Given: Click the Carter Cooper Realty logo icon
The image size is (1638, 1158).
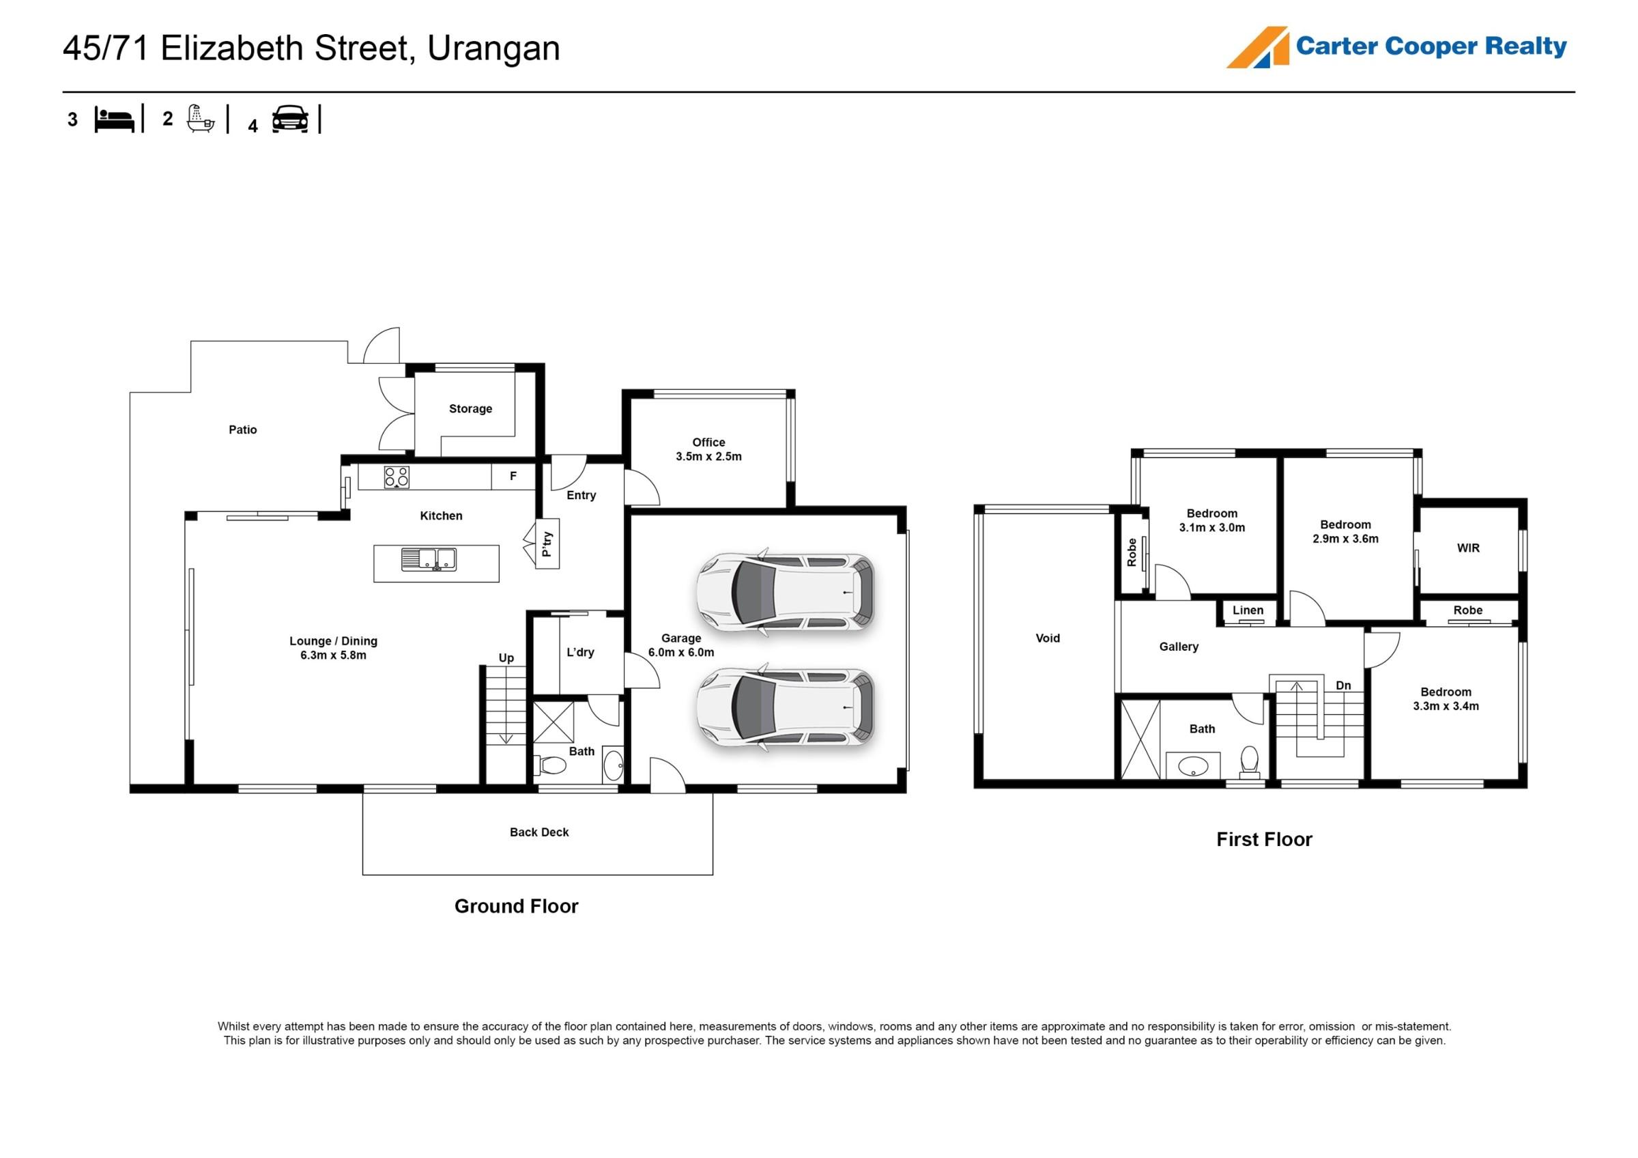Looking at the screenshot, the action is click(x=1258, y=47).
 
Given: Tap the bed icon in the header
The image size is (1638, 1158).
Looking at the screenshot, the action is click(x=114, y=120).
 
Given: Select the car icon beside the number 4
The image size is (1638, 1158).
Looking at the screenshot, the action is click(x=290, y=119).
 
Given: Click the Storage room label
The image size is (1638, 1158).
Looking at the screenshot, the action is click(x=470, y=409).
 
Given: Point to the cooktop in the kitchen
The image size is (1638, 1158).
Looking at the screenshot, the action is click(x=397, y=477).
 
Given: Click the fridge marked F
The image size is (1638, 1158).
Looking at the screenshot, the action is click(x=513, y=477).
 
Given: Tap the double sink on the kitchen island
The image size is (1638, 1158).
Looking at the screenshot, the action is click(x=429, y=559).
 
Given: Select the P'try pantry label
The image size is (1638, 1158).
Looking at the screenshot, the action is click(x=547, y=543).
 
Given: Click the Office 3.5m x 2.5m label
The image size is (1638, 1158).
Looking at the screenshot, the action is click(x=708, y=449).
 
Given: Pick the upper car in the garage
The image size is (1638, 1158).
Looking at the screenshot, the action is click(x=786, y=591).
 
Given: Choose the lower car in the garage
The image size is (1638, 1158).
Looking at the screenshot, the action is click(x=786, y=707).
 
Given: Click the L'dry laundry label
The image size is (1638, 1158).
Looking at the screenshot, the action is click(x=580, y=652).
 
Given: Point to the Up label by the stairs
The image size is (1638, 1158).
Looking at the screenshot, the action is click(x=506, y=658).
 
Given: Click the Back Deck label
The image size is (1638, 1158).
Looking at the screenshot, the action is click(x=539, y=832).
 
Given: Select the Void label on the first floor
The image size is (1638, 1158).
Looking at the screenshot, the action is click(x=1047, y=638).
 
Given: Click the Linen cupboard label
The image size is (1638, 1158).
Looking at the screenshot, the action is click(x=1248, y=610).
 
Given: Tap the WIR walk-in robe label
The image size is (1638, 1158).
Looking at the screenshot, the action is click(x=1468, y=548).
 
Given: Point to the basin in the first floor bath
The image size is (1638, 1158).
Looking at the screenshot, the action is click(x=1193, y=766).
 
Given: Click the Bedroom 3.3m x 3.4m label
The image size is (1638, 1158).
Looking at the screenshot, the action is click(x=1446, y=699).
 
